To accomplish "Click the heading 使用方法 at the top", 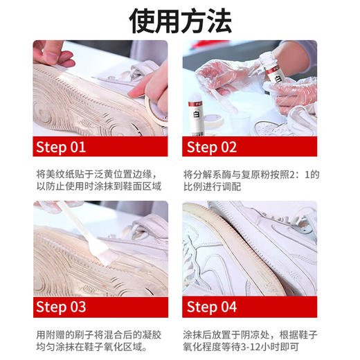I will (180, 21).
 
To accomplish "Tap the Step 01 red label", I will (61, 147).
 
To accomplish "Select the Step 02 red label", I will (212, 147).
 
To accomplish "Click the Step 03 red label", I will (61, 307).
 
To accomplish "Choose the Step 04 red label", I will (212, 307).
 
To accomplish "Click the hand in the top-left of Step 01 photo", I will (52, 52).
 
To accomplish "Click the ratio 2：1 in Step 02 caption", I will (304, 174).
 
